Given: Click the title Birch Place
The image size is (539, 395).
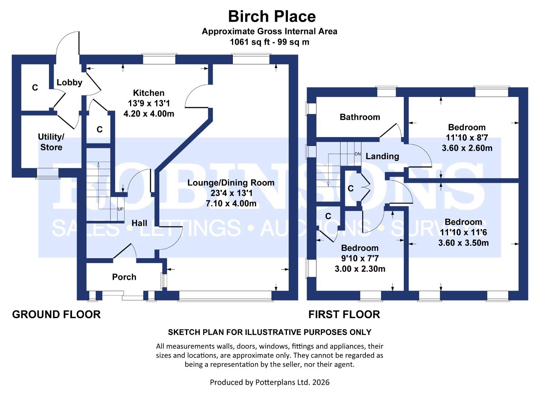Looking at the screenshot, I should [x=272, y=16].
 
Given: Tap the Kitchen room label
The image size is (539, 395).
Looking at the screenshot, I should [x=148, y=93].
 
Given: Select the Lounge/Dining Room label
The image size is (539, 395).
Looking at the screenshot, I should [x=231, y=183].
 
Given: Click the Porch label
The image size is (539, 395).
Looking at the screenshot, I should [x=124, y=277].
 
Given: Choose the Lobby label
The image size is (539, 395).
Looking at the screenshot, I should [x=69, y=83].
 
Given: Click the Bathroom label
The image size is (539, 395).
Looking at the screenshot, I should [x=360, y=117].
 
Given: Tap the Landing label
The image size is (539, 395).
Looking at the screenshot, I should [x=382, y=157].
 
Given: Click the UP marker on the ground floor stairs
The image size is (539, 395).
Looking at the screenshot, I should [x=121, y=209].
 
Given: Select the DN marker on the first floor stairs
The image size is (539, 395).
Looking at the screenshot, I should [x=357, y=154].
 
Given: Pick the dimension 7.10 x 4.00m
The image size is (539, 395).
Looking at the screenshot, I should [x=231, y=203].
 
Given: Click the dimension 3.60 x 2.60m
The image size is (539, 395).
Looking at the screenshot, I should [x=467, y=148].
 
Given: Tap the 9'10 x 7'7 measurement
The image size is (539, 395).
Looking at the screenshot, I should [x=360, y=259].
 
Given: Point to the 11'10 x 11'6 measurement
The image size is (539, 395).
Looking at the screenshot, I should [x=463, y=233].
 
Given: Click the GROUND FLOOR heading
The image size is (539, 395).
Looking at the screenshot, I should [x=56, y=315].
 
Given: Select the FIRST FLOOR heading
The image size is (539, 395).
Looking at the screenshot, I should [x=344, y=315].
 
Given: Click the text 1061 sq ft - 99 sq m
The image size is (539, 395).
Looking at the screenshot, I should [x=269, y=42].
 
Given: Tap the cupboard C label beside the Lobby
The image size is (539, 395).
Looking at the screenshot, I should [x=35, y=88].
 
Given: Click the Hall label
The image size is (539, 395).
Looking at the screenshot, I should [x=139, y=223].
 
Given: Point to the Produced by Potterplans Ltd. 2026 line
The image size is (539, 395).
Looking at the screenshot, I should [x=269, y=383].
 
